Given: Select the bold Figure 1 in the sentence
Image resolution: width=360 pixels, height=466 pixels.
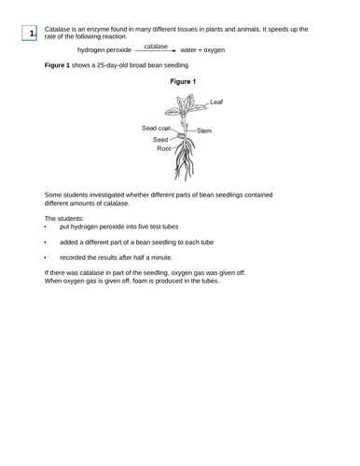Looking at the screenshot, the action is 58,66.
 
